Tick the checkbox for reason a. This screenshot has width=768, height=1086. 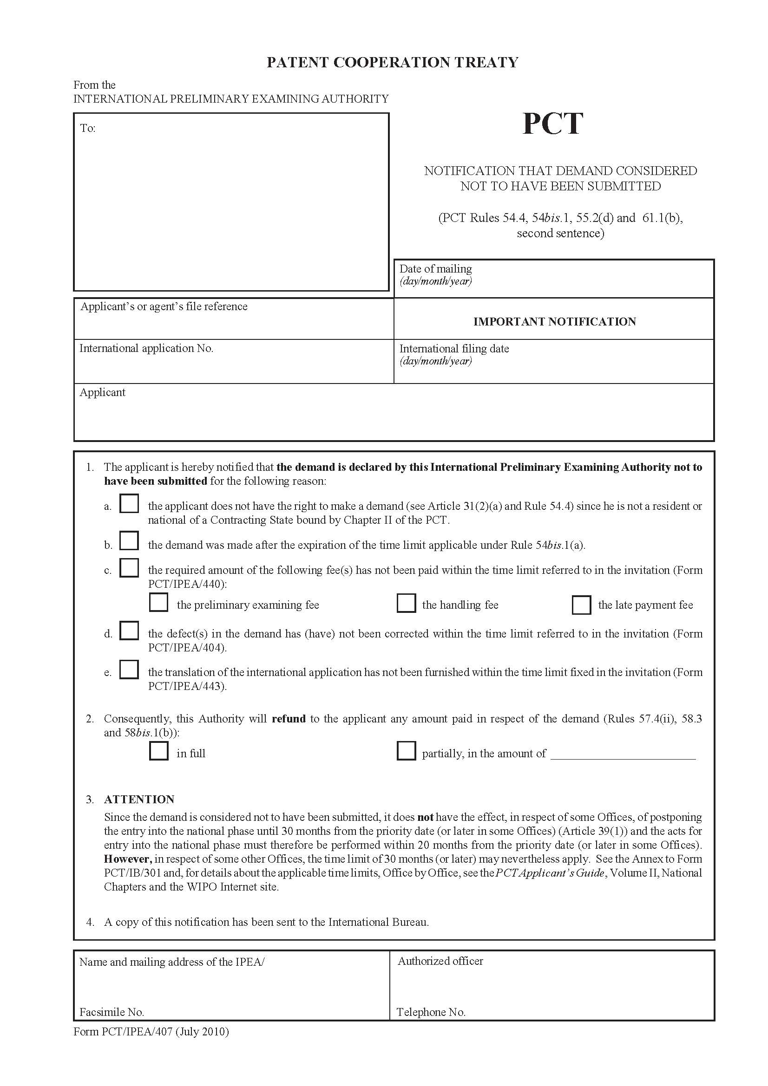(129, 503)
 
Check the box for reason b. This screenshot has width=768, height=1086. (129, 540)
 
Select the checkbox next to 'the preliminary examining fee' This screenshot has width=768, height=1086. (158, 602)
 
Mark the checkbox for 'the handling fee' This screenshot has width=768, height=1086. (406, 603)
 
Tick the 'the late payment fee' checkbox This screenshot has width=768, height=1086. (581, 605)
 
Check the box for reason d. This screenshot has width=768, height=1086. (129, 631)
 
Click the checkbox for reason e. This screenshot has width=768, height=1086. (129, 670)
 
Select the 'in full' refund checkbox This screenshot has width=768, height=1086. (158, 751)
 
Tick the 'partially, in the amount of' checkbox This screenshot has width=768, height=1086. (406, 751)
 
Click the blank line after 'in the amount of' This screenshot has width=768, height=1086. (623, 754)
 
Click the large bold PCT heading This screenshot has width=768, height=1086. (552, 124)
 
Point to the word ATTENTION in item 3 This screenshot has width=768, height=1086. (139, 800)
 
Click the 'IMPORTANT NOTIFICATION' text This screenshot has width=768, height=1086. (554, 322)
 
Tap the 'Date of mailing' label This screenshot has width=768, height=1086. (435, 269)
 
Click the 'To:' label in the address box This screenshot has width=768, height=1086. (87, 128)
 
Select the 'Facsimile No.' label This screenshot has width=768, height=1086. (112, 1012)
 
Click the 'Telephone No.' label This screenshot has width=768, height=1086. (431, 1012)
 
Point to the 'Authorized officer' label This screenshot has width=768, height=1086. (440, 961)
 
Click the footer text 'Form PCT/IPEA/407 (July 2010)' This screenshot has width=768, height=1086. (151, 1031)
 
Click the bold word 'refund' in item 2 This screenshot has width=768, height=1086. (289, 719)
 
